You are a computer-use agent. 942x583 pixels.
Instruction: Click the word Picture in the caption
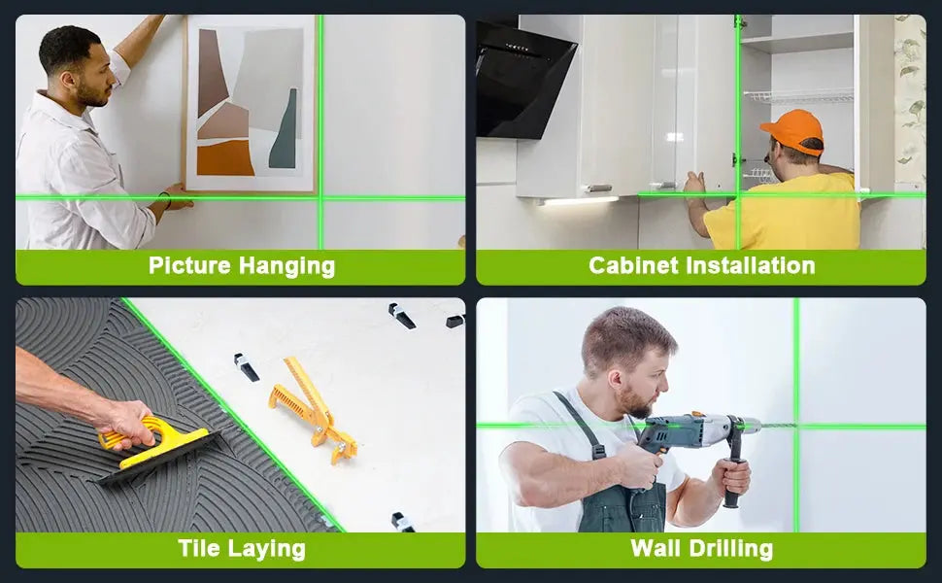(x=189, y=265)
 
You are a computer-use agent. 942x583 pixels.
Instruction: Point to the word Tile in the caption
(x=199, y=548)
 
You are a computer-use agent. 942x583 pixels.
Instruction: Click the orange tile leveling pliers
(x=313, y=409)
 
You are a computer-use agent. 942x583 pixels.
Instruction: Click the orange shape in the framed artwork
(x=224, y=157)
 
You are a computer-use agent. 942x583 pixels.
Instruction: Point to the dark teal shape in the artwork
(x=284, y=131)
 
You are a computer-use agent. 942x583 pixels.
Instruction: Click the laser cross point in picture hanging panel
(x=320, y=198)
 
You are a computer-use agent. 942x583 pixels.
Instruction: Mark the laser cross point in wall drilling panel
(x=796, y=427)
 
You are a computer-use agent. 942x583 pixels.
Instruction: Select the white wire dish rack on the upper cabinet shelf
(x=798, y=96)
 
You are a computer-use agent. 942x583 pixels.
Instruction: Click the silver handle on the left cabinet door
(x=599, y=189)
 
